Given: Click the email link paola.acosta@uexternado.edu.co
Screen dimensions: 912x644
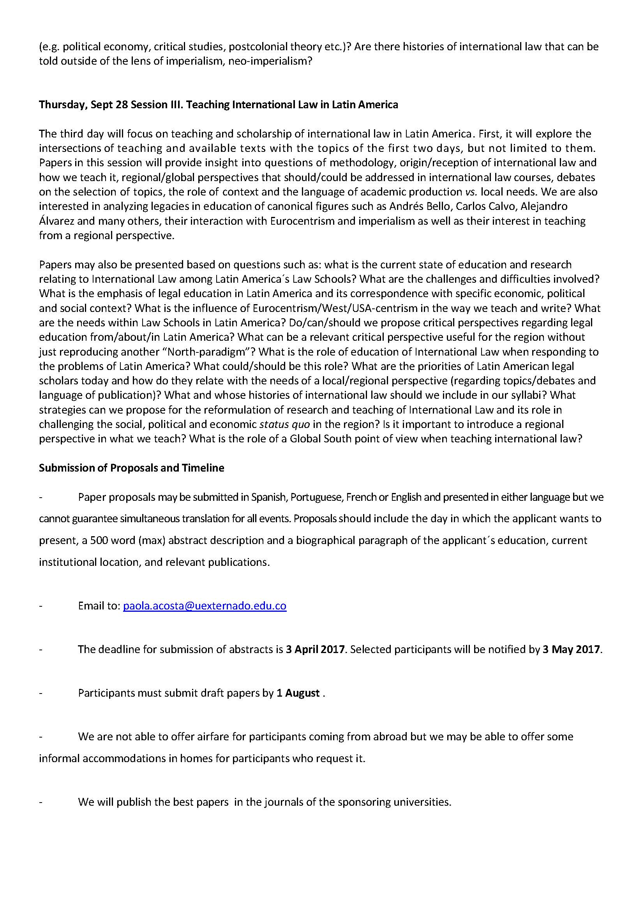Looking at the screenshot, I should coord(205,606).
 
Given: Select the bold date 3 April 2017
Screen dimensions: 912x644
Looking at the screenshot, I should coord(315,650).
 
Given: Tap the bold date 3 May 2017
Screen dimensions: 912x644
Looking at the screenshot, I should coord(572,650).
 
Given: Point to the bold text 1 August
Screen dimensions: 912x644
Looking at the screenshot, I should coord(298,693).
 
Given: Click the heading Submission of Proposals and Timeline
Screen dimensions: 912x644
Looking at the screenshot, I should coord(132,468).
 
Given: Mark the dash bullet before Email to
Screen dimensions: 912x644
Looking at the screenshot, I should coord(41,606).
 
